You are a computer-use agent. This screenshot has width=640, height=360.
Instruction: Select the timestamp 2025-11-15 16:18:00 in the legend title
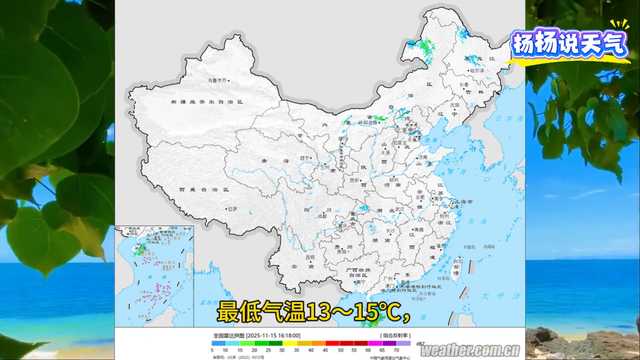click(294, 333)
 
